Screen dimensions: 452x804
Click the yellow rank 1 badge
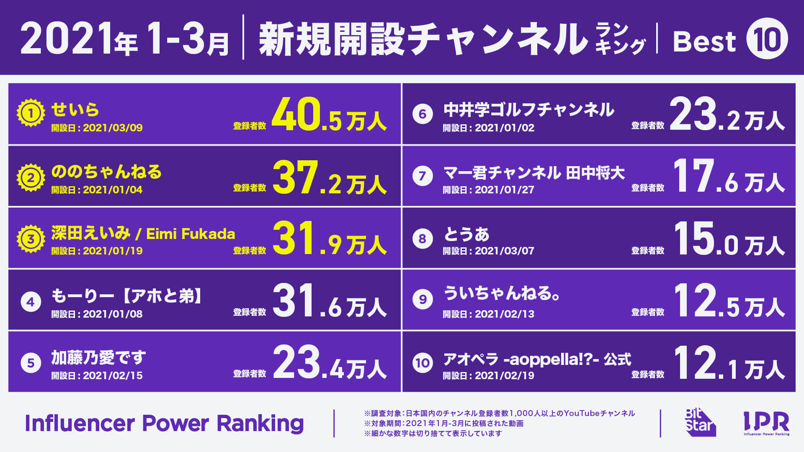[31, 113]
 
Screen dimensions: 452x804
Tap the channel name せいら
[75, 110]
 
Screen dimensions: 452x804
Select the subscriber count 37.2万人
[329, 178]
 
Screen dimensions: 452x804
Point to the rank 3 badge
[31, 239]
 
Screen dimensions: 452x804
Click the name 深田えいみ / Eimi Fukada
[143, 234]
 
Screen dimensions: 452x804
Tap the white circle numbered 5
[31, 362]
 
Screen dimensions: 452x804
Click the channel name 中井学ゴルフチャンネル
[528, 110]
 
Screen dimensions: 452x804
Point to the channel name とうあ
[466, 234]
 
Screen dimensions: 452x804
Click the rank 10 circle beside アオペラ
[423, 362]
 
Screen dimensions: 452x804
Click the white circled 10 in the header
[767, 39]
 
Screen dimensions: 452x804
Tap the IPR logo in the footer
[766, 423]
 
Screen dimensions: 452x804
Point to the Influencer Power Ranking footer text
[164, 423]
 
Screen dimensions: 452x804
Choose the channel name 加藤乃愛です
[98, 358]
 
